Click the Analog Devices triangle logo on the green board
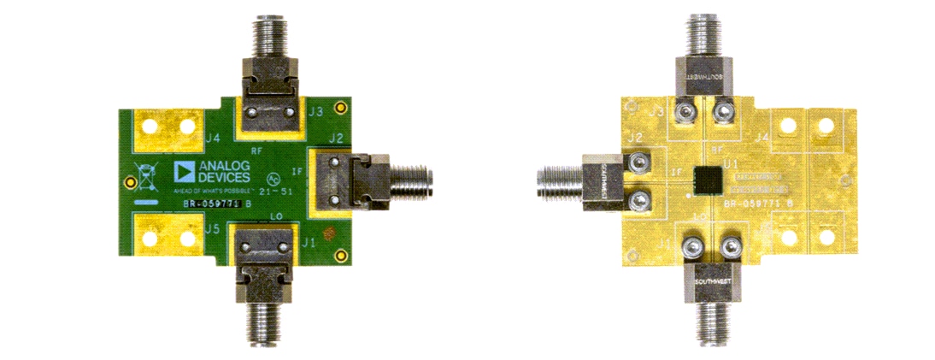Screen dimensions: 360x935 point(184,170)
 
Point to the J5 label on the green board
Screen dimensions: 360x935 point(214,228)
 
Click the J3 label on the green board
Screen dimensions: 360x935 point(315,112)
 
